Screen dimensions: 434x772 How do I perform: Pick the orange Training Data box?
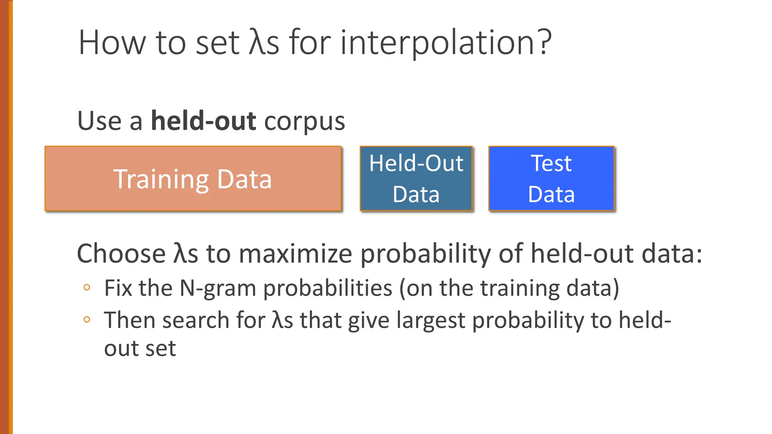tap(193, 178)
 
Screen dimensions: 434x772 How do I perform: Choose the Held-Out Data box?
tap(416, 178)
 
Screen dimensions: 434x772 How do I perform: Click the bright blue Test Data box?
tap(551, 178)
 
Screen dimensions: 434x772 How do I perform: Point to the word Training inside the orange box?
tap(161, 179)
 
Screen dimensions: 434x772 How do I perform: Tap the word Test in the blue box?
tap(551, 163)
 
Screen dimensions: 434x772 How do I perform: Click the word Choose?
tap(121, 253)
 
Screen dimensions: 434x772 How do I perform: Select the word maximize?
tap(296, 253)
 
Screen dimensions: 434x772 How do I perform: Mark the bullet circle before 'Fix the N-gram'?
tap(87, 288)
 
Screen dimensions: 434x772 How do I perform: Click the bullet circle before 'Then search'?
tap(87, 320)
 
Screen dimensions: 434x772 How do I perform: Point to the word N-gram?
tap(218, 289)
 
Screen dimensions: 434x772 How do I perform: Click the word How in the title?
tap(112, 42)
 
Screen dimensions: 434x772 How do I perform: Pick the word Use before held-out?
tap(99, 121)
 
